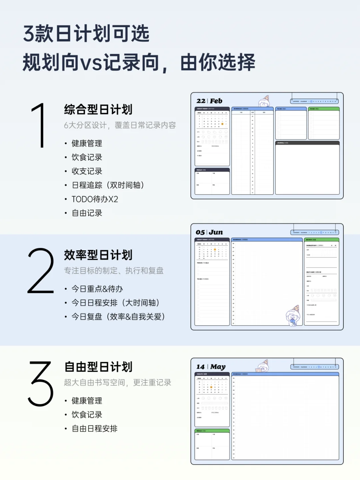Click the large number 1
[x=40, y=125]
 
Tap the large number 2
[x=41, y=271]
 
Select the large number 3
[x=41, y=384]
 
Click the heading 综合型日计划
[x=98, y=109]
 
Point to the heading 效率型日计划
[x=98, y=255]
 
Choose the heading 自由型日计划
[x=98, y=367]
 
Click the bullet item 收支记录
[x=87, y=171]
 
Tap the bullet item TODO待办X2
[x=95, y=199]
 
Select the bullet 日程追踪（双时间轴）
[x=108, y=185]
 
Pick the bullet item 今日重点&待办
[x=97, y=289]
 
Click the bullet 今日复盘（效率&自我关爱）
[x=118, y=317]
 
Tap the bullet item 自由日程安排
[x=94, y=429]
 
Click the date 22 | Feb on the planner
[x=209, y=101]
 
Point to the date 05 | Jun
[x=209, y=232]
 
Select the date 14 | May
[x=211, y=367]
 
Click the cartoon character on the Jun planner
[x=293, y=316]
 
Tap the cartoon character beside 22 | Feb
[x=264, y=101]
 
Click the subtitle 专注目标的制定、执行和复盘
[x=114, y=271]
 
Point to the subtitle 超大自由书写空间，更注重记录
[x=117, y=382]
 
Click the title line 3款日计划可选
[x=86, y=34]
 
